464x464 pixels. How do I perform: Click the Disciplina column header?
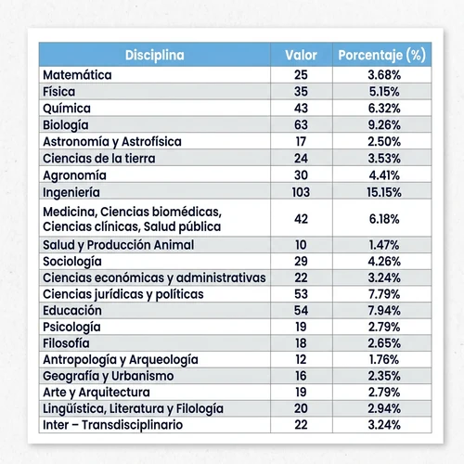(x=155, y=55)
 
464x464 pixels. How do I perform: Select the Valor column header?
(x=301, y=55)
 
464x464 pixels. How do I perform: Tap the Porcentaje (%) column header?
(x=382, y=55)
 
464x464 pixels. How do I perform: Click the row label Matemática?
(x=77, y=75)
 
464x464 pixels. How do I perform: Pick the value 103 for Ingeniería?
(x=301, y=192)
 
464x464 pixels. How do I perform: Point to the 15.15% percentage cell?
(x=384, y=192)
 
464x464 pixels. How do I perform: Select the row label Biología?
(x=66, y=125)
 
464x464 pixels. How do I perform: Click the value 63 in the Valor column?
(x=301, y=125)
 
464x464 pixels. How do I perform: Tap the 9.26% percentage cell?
(x=384, y=125)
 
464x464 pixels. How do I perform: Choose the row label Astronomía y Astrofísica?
(x=112, y=142)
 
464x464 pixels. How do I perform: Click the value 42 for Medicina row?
(x=301, y=219)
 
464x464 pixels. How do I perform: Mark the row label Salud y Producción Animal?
(x=118, y=245)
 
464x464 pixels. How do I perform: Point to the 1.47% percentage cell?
(x=384, y=245)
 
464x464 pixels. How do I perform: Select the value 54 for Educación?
(x=301, y=310)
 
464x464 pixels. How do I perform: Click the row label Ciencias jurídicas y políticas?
(x=123, y=294)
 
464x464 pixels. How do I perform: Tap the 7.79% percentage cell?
(x=384, y=294)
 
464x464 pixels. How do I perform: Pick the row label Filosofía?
(x=66, y=343)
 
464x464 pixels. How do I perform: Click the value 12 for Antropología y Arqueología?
(x=301, y=359)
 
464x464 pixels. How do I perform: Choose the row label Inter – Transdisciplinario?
(x=112, y=425)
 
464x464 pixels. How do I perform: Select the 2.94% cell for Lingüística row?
(x=384, y=408)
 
